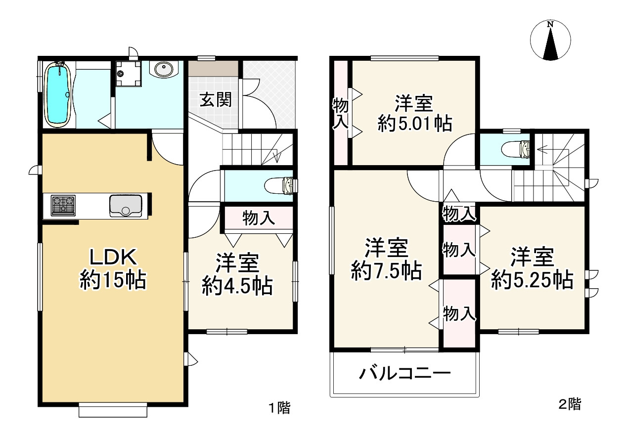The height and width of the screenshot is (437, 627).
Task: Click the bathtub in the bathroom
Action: (58, 94)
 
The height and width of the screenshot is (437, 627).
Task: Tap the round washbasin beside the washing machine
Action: (165, 70)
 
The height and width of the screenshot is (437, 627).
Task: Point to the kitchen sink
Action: (126, 205)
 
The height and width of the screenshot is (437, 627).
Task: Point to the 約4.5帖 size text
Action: (237, 286)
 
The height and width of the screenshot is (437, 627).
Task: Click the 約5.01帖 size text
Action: (415, 124)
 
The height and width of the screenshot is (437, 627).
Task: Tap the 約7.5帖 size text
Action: (386, 270)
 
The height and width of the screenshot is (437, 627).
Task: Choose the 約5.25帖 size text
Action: (532, 280)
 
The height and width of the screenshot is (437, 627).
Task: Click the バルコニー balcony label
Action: (405, 373)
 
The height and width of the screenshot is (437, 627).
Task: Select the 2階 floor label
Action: (570, 404)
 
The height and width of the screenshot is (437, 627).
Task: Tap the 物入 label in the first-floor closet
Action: (259, 218)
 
